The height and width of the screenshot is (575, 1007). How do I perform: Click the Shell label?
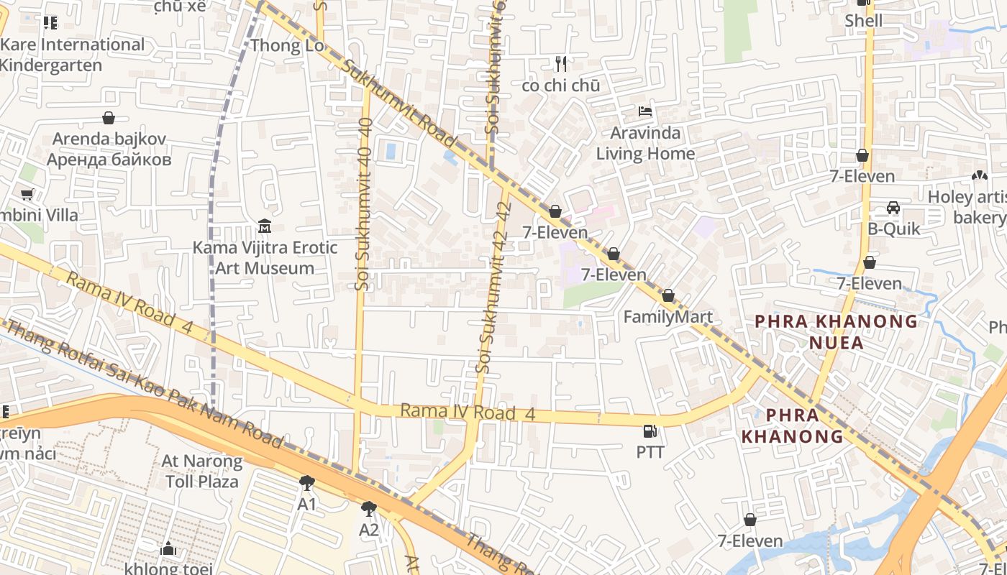pyautogui.click(x=863, y=21)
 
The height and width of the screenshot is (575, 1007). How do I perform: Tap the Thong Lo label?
pyautogui.click(x=287, y=46)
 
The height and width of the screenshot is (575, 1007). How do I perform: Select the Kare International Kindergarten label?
pyautogui.click(x=72, y=55)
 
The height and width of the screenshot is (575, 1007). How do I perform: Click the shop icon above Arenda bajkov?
pyautogui.click(x=109, y=118)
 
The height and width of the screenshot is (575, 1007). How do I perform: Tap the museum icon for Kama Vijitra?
pyautogui.click(x=264, y=227)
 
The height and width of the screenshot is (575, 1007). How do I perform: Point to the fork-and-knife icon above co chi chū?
pyautogui.click(x=561, y=65)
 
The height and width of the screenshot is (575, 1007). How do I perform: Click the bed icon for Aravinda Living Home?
pyautogui.click(x=645, y=112)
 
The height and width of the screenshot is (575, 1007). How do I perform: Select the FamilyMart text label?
pyautogui.click(x=667, y=317)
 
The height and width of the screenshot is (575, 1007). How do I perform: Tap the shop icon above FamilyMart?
pyautogui.click(x=667, y=296)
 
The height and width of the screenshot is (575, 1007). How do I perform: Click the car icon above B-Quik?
pyautogui.click(x=893, y=208)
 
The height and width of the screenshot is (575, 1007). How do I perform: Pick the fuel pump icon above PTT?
pyautogui.click(x=650, y=431)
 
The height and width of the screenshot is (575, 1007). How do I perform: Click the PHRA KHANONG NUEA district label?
pyautogui.click(x=836, y=331)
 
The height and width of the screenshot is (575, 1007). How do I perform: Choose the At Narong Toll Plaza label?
pyautogui.click(x=202, y=471)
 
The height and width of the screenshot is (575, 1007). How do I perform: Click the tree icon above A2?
pyautogui.click(x=369, y=509)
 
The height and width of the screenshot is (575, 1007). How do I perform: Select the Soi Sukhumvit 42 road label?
pyautogui.click(x=493, y=287)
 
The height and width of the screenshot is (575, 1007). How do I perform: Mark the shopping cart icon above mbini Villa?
pyautogui.click(x=27, y=194)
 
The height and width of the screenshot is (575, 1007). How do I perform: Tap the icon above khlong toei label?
pyautogui.click(x=168, y=549)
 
